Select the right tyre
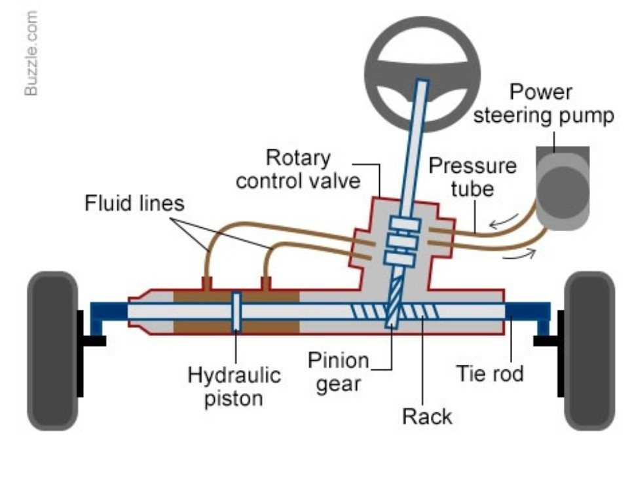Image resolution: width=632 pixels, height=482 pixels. [589, 350]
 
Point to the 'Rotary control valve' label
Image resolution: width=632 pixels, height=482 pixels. [298, 169]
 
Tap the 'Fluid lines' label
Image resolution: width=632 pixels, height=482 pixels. [134, 204]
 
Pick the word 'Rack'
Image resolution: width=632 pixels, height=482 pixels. [427, 416]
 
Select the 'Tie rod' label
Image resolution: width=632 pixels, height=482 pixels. [490, 375]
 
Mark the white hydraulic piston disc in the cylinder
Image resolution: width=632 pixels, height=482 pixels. [236, 312]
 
